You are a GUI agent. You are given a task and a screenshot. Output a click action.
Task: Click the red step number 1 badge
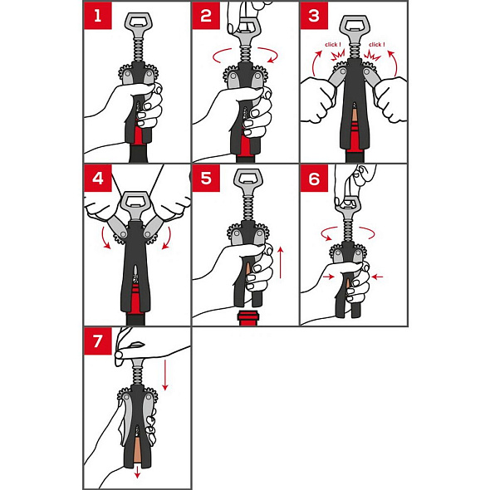[x=98, y=16]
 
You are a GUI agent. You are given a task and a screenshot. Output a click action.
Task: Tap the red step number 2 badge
[x=206, y=16]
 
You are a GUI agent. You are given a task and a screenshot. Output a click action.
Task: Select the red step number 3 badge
[x=314, y=16]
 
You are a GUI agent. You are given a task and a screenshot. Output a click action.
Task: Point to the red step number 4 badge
[x=98, y=178]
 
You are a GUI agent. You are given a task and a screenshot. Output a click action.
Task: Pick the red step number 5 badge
[x=206, y=178]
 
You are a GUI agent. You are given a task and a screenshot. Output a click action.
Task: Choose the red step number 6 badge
[x=314, y=178]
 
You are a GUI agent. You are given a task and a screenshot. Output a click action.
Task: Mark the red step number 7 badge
[x=98, y=341]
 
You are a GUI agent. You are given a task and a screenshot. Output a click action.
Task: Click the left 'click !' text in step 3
[x=333, y=45]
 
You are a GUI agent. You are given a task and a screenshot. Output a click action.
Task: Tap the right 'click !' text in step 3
[x=376, y=45]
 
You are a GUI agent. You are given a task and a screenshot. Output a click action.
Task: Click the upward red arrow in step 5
[x=281, y=262]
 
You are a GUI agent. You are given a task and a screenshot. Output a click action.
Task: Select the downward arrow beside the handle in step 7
[x=165, y=375]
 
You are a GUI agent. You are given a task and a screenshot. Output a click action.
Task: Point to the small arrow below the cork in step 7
[x=137, y=473]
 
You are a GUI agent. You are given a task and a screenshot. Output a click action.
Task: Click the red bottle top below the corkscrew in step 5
[x=247, y=318]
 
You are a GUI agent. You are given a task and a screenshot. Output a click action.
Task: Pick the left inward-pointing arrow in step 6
[x=328, y=277]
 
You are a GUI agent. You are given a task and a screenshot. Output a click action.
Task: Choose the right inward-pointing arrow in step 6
[x=377, y=277]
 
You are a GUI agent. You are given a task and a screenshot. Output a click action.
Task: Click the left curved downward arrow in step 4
[x=105, y=238]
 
